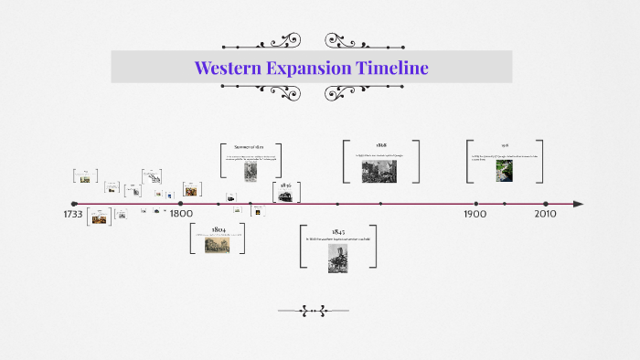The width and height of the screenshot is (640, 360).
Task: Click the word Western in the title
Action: pyautogui.click(x=224, y=69)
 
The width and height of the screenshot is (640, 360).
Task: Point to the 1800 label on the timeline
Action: pyautogui.click(x=180, y=215)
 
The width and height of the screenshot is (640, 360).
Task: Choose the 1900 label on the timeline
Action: pyautogui.click(x=475, y=215)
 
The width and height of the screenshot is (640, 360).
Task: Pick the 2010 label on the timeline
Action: pyautogui.click(x=546, y=215)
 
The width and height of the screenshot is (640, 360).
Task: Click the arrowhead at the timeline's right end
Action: pyautogui.click(x=578, y=204)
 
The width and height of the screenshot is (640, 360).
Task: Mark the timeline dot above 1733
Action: pyautogui.click(x=74, y=204)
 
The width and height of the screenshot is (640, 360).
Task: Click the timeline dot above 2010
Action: pyautogui.click(x=546, y=204)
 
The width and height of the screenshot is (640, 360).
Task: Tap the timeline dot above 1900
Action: pyautogui.click(x=475, y=204)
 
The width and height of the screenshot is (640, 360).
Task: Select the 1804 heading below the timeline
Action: pyautogui.click(x=219, y=228)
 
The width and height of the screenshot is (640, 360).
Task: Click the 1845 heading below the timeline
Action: pyautogui.click(x=338, y=232)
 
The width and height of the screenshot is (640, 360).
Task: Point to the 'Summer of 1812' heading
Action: pyautogui.click(x=250, y=147)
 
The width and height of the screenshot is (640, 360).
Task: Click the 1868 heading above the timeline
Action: pyautogui.click(x=380, y=146)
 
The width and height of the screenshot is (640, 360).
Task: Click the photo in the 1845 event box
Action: pyautogui.click(x=338, y=259)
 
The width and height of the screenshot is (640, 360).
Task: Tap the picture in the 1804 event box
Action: pyautogui.click(x=218, y=244)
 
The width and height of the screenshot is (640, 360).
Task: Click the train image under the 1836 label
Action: pyautogui.click(x=286, y=196)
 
